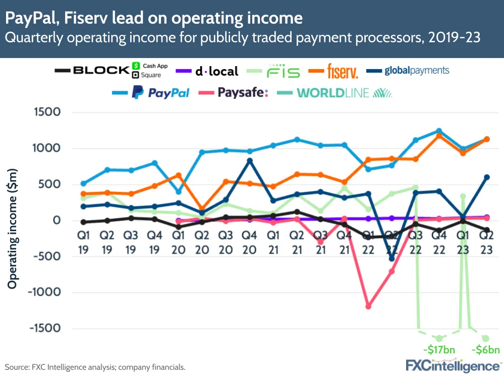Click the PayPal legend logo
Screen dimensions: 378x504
pos(160,92)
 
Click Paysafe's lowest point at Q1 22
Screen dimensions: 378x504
pos(368,306)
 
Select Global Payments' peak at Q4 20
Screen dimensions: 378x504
pos(250,161)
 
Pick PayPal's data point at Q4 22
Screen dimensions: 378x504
pos(439,131)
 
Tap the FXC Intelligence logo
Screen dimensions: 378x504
pos(452,365)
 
